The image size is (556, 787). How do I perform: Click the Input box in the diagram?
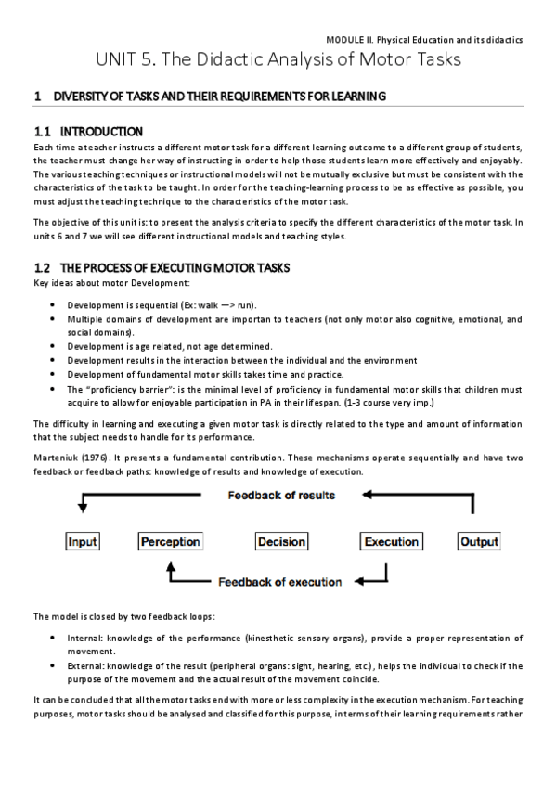[x=82, y=541]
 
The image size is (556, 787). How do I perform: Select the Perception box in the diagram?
[x=170, y=541]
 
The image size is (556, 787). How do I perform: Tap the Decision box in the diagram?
[x=281, y=541]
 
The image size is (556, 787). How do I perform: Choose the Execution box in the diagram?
[x=391, y=541]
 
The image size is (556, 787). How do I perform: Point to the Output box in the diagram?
[x=480, y=541]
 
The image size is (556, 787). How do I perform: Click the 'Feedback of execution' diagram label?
[x=279, y=582]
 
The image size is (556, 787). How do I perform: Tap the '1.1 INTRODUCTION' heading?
[x=88, y=132]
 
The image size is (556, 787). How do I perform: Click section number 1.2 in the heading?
[x=44, y=268]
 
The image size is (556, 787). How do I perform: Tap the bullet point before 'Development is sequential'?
[x=57, y=305]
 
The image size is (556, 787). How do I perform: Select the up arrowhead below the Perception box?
[x=170, y=568]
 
